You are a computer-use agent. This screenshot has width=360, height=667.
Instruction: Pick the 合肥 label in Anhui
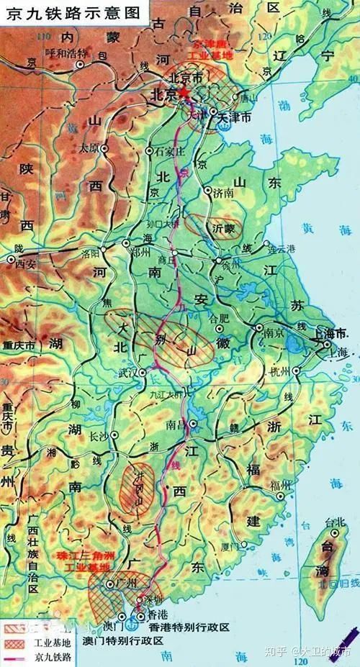[x=217, y=317]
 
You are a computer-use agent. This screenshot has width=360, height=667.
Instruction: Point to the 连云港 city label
[x=282, y=249]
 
